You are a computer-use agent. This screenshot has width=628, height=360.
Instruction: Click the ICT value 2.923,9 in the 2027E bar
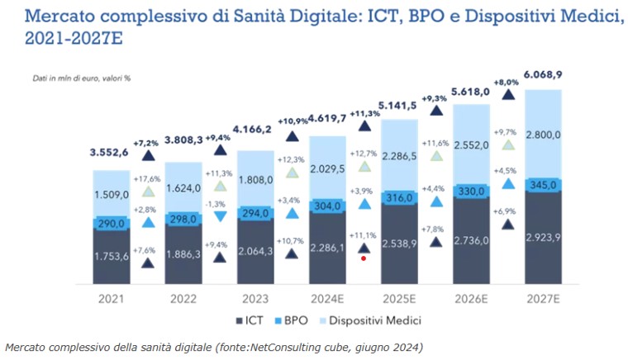click(543, 236)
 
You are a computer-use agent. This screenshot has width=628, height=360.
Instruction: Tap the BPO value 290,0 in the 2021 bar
click(113, 224)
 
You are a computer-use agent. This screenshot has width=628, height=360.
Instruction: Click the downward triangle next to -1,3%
click(219, 216)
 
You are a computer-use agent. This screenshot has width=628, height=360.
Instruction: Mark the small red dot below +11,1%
click(363, 258)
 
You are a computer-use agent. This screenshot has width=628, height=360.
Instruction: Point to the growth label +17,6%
click(148, 178)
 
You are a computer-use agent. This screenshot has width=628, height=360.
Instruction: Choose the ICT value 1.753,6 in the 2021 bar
click(113, 256)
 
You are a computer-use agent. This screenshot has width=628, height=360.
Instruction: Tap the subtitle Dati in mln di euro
click(66, 78)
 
